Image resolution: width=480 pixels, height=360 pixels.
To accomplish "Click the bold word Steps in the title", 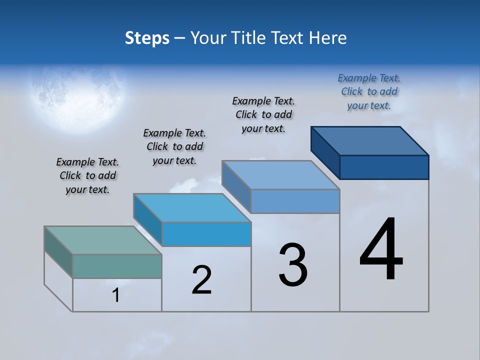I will coord(147,38).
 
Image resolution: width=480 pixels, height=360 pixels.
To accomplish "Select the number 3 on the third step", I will coord(293,265).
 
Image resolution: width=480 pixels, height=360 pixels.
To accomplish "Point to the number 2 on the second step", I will coord(201,280).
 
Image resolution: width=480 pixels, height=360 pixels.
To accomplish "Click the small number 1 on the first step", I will coord(116,295).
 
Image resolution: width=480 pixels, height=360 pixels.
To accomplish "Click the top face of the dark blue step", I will coord(370,140).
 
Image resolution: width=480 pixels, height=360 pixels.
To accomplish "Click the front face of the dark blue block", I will coord(384,167).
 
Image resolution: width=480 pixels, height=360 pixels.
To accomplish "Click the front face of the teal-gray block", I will coord(117,266).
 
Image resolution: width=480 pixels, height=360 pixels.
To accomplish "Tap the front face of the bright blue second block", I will coord(206,234).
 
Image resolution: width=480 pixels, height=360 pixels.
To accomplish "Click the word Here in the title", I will coord(329,38).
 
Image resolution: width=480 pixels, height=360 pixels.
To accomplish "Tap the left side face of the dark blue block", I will coord(325,152).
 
